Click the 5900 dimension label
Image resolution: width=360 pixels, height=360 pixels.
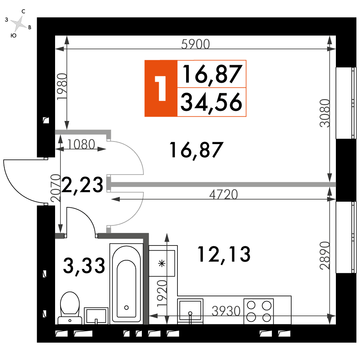(x=195, y=44)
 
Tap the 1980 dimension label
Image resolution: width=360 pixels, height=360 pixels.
(x=62, y=86)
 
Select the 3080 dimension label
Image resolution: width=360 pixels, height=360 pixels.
(x=325, y=113)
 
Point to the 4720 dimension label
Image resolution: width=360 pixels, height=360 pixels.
(x=224, y=194)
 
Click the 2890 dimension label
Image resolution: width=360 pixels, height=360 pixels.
(x=325, y=255)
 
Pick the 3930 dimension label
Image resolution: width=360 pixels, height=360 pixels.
(x=226, y=311)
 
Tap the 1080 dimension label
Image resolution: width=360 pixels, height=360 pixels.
(x=81, y=144)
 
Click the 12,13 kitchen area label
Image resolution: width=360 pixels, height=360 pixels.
(x=224, y=255)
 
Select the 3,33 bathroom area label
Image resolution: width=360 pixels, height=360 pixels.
(x=84, y=266)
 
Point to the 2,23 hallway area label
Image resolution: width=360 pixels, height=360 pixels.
(x=82, y=185)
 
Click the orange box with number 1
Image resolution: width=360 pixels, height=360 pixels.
(x=161, y=89)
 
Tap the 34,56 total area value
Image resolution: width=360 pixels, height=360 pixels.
(x=211, y=102)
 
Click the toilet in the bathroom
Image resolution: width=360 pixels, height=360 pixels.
(x=70, y=308)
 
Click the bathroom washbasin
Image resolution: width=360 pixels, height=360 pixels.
(x=96, y=316)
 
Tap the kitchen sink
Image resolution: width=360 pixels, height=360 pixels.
(x=190, y=311)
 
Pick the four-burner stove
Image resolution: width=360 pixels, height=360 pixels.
(x=259, y=311)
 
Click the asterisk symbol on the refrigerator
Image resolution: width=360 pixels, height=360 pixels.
(x=162, y=264)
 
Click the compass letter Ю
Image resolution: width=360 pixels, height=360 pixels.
(x=14, y=35)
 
